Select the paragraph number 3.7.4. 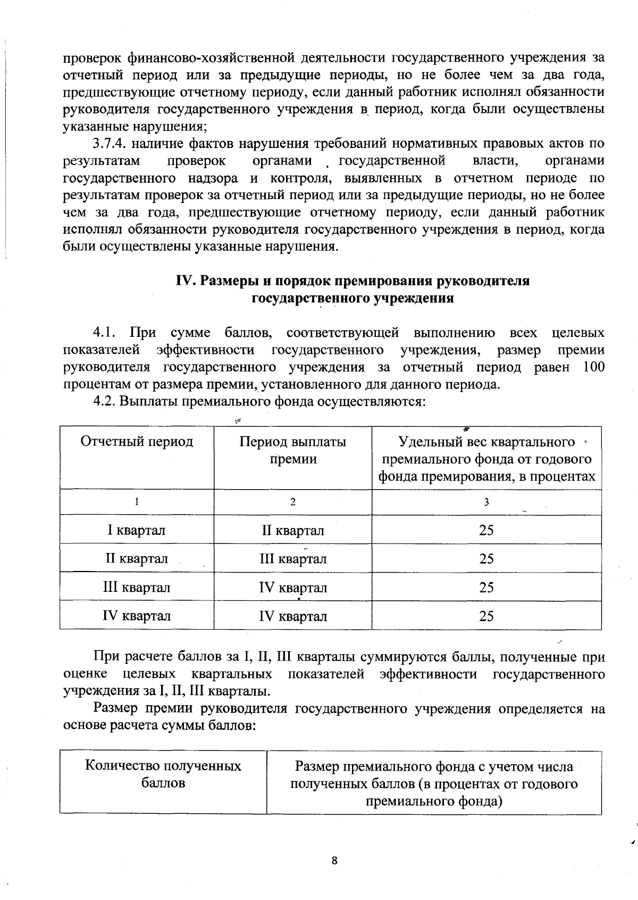[110, 144]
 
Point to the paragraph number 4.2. [104, 401]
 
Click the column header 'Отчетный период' [137, 442]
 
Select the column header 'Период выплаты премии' [292, 450]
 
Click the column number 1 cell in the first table [137, 502]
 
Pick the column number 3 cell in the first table [486, 502]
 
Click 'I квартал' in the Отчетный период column [137, 530]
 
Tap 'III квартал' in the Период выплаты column [292, 559]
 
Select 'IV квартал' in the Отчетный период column [137, 616]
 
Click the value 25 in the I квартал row [486, 530]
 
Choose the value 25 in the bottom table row [486, 616]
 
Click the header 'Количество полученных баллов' [163, 774]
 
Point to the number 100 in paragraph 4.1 [593, 367]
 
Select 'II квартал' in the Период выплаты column [292, 530]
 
